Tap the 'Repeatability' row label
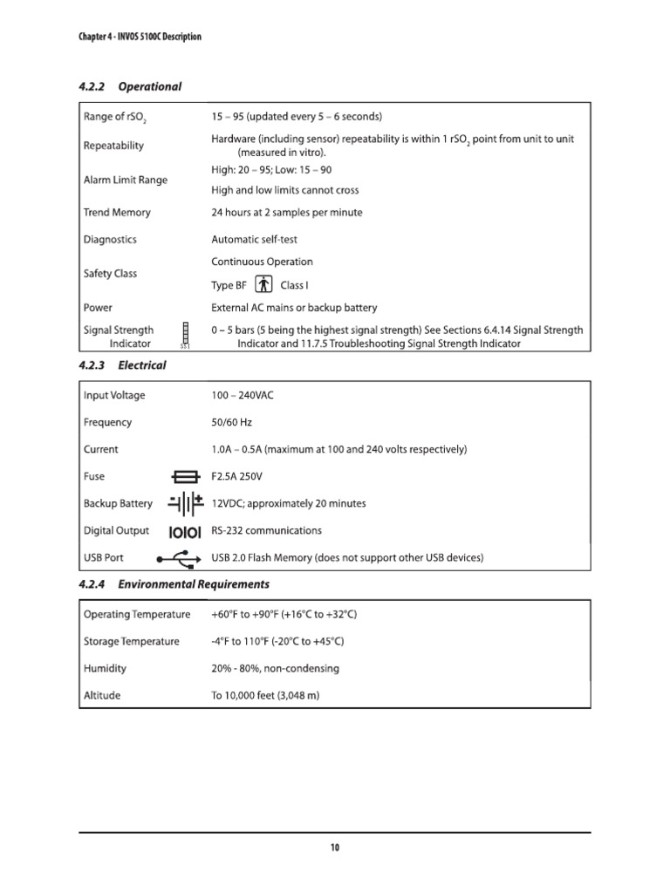pos(114,146)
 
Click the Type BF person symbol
pos(264,285)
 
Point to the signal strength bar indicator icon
pos(185,335)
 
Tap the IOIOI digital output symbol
pos(186,531)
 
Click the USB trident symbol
pos(181,558)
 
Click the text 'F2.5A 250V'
pos(237,477)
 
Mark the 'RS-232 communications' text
pos(267,530)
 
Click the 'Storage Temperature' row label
pos(132,642)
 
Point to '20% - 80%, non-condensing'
pos(276,669)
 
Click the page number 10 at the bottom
pos(335,849)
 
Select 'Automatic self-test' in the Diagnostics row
pos(255,240)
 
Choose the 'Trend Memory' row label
pos(117,213)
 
